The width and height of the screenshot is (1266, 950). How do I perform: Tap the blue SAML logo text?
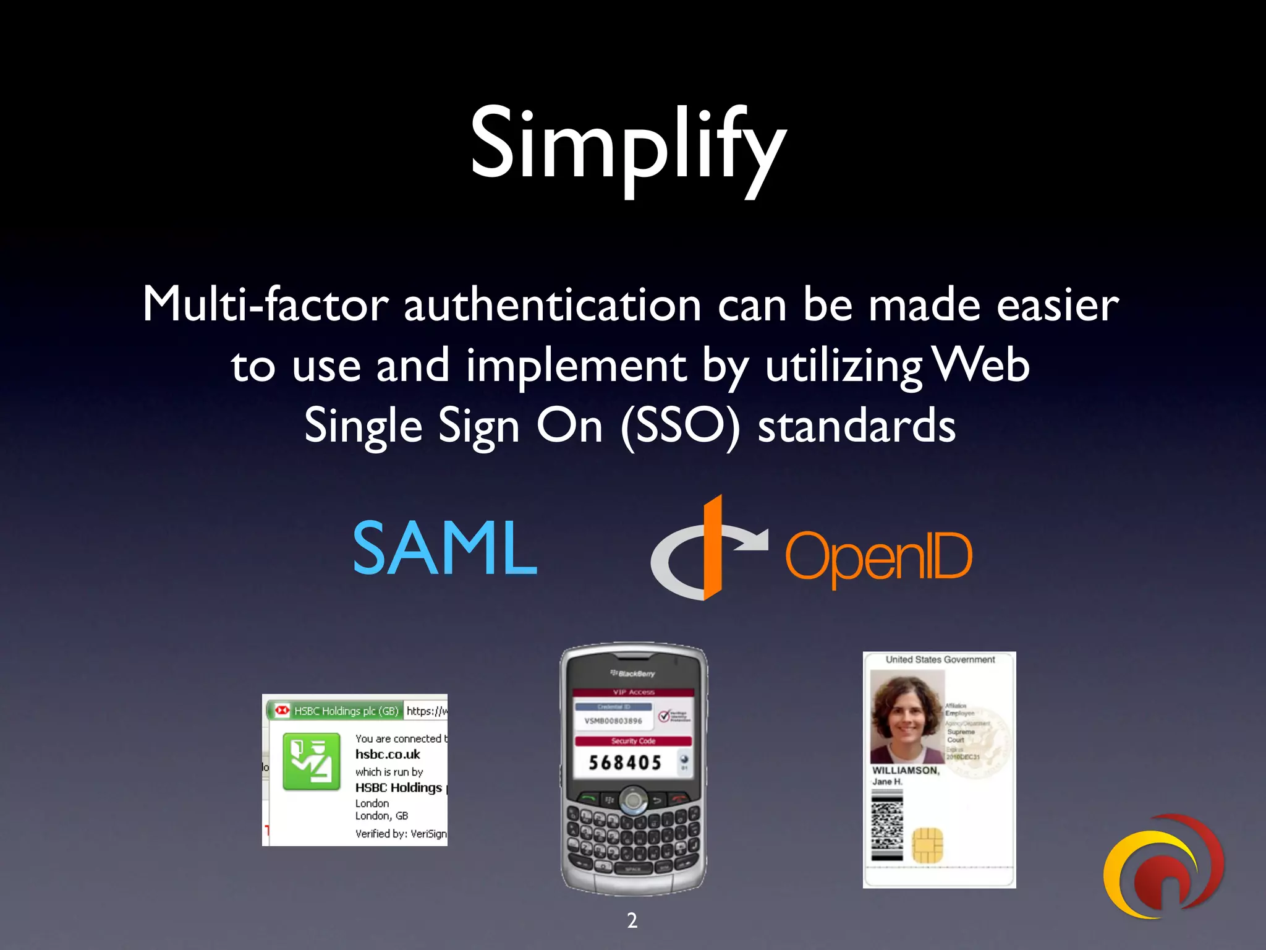444,548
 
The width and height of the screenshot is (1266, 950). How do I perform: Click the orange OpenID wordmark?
878,557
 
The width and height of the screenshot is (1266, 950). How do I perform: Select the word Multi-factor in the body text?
266,304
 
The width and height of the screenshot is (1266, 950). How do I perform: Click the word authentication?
552,306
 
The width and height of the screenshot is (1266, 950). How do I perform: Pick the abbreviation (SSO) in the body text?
679,427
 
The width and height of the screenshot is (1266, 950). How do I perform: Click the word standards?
856,427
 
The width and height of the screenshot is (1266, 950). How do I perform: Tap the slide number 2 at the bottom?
632,920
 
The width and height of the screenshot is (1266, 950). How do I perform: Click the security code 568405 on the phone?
625,763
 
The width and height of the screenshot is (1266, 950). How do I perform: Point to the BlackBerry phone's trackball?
633,801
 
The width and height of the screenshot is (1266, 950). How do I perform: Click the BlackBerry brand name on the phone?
633,674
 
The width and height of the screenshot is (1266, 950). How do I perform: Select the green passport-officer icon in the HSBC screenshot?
312,761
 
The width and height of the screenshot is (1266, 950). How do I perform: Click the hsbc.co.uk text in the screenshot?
388,755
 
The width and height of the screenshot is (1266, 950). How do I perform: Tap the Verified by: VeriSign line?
401,834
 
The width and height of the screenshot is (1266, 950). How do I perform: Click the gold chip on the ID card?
927,845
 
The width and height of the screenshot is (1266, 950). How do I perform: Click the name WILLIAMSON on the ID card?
905,771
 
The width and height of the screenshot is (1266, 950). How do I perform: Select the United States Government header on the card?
940,660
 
